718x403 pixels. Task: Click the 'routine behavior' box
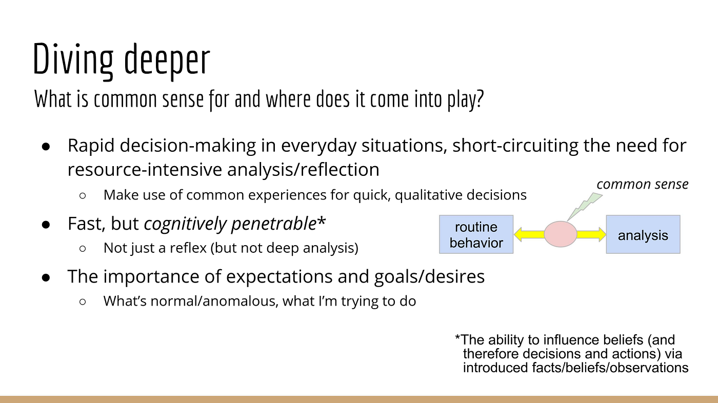coord(476,234)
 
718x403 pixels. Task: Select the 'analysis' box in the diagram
coord(643,234)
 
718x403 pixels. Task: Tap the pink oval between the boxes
coord(560,234)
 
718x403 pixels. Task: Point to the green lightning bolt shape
coord(584,206)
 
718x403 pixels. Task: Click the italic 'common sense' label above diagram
coord(642,184)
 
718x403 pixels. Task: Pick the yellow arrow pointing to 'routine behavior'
coord(529,234)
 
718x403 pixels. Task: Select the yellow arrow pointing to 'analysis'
coord(591,234)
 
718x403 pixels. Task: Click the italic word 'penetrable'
coord(274,224)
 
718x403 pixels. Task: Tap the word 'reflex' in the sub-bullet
coord(188,248)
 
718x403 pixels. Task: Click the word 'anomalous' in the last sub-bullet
coord(240,301)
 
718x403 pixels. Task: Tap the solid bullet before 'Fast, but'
coord(46,225)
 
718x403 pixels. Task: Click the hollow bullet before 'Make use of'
coord(83,195)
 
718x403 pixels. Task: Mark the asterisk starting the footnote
coord(457,338)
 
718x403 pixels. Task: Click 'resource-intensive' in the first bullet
coord(145,170)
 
